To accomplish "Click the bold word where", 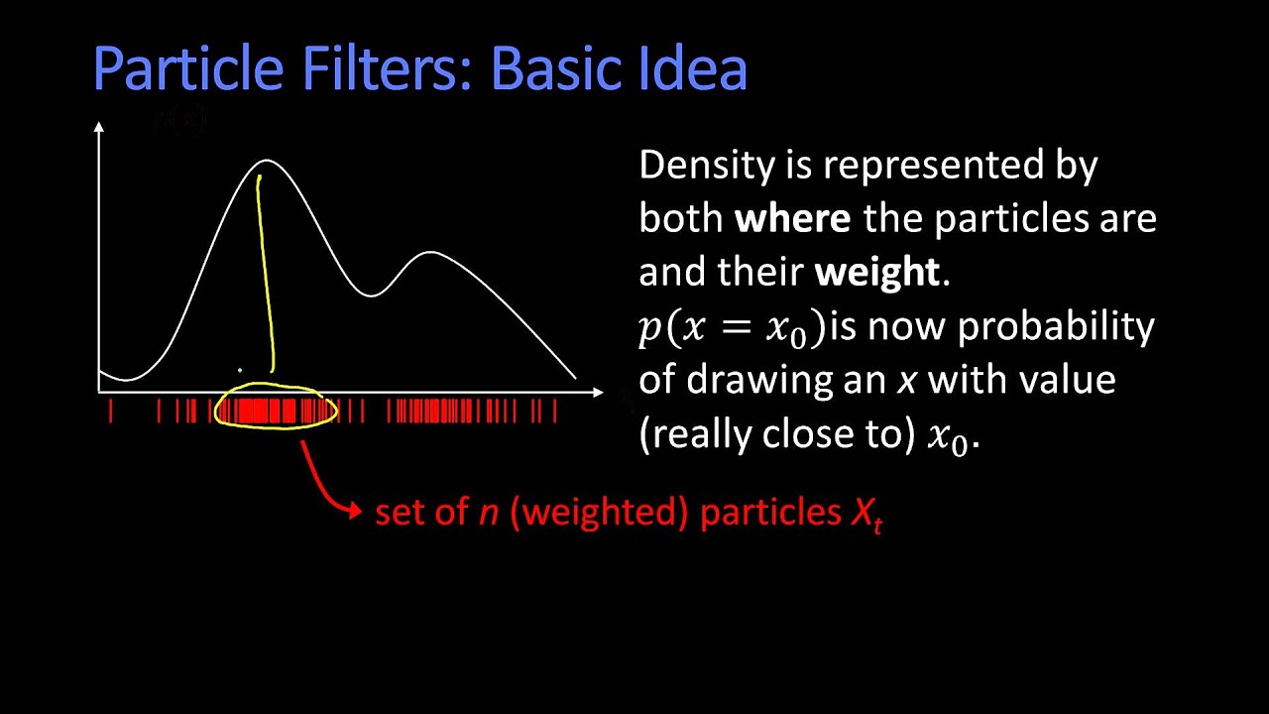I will (x=792, y=219).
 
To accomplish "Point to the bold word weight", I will (x=876, y=273).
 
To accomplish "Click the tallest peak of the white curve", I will (x=267, y=161).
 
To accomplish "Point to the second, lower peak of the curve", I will (x=430, y=253).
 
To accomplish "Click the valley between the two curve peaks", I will (x=371, y=295).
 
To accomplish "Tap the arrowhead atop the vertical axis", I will (x=99, y=127).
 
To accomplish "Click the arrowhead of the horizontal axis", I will (x=597, y=392).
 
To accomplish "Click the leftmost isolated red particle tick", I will (x=111, y=412).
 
